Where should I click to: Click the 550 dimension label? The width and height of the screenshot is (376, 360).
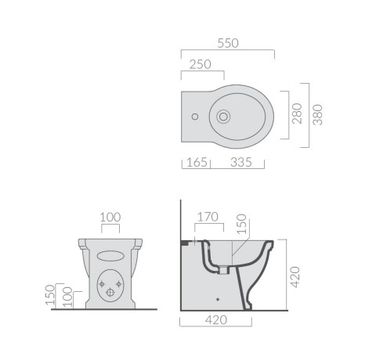point(228,43)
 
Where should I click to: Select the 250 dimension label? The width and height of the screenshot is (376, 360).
point(200,65)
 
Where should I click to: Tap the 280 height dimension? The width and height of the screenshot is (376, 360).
point(297,113)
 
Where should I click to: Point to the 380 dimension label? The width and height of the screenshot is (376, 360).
point(318,115)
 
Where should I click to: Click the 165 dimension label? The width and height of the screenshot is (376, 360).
point(197,162)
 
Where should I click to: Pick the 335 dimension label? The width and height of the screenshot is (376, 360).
point(241,162)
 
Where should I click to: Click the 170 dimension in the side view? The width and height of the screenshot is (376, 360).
point(208,217)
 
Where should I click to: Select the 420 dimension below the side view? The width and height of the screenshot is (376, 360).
point(216,320)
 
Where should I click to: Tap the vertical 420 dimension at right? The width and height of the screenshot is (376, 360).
point(295,277)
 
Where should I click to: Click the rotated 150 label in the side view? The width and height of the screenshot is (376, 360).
point(241,224)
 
